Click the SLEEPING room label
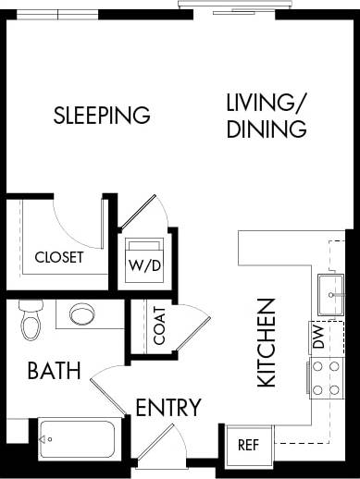102,116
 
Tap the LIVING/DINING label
267,116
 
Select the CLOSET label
58,257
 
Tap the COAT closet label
160,325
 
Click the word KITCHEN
266,342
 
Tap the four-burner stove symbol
325,377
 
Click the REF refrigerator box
248,444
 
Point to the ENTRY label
168,408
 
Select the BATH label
54,371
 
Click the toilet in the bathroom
31,318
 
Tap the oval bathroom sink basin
82,313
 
